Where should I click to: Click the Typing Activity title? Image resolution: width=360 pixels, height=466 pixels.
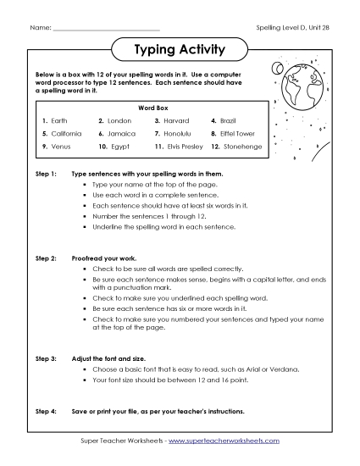pyautogui.click(x=180, y=51)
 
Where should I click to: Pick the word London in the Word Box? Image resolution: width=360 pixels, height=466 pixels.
pyautogui.click(x=119, y=121)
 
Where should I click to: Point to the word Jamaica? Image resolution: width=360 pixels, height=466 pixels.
pyautogui.click(x=122, y=134)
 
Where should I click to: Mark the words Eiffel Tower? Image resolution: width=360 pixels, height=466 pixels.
pyautogui.click(x=239, y=134)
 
